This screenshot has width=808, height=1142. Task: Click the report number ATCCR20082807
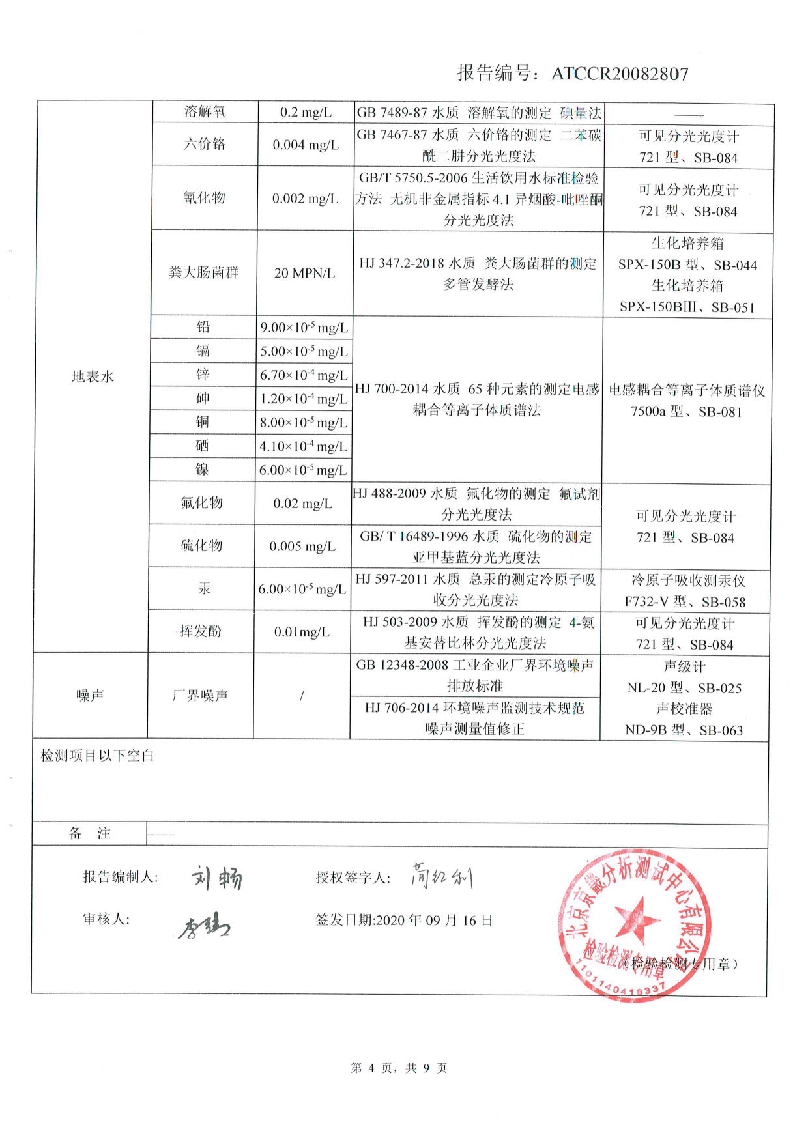[620, 74]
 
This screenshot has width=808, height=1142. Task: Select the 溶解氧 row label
[205, 112]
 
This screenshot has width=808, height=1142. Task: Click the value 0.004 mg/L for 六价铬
[306, 145]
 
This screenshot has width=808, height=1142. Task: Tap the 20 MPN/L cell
[304, 273]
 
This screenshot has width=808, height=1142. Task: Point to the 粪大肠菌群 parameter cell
[204, 272]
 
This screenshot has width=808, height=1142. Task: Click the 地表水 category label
[93, 377]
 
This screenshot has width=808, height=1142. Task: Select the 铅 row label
[203, 327]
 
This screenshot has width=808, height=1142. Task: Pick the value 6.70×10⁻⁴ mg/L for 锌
[304, 375]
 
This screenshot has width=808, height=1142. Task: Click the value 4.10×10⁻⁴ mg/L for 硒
[303, 446]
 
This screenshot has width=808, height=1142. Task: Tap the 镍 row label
[203, 470]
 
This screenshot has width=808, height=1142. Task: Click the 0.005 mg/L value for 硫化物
[302, 546]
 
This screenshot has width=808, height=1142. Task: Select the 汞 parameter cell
[204, 589]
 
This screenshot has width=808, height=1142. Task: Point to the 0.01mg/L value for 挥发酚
[302, 632]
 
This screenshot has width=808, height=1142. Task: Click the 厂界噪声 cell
[200, 696]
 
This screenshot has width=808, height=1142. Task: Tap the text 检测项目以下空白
[97, 756]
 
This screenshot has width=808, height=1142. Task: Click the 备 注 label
[90, 834]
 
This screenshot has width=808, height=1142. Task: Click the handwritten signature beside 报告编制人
[216, 878]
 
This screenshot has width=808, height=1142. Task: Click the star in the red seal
[638, 920]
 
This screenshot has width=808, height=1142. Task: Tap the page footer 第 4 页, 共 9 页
[399, 1068]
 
